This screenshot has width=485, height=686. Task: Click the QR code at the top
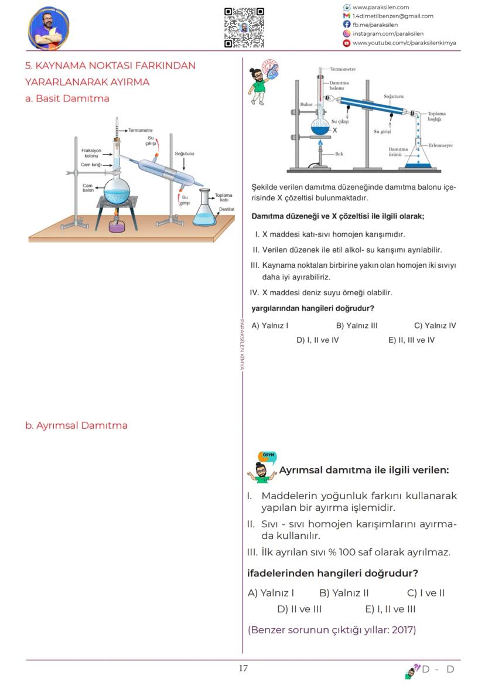click(x=244, y=28)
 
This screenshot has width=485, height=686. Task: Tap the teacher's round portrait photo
click(x=49, y=28)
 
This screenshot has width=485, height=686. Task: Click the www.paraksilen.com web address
click(x=380, y=7)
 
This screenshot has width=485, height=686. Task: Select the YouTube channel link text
click(x=404, y=43)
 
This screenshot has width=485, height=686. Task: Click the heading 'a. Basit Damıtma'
click(x=67, y=98)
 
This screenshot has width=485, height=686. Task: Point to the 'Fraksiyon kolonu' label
click(x=91, y=153)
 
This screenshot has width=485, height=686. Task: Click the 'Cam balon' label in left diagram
click(x=88, y=188)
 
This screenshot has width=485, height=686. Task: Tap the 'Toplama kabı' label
click(x=223, y=197)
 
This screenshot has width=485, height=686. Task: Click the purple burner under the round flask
click(x=117, y=226)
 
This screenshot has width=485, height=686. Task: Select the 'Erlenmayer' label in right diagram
click(x=440, y=145)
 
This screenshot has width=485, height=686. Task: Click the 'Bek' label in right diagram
click(x=339, y=153)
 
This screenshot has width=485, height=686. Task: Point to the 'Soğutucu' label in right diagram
click(x=393, y=95)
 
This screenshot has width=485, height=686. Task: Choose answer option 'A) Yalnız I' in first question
click(x=270, y=326)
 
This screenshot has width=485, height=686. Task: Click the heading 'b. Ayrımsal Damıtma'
click(x=76, y=425)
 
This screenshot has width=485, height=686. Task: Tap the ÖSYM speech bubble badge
click(x=268, y=456)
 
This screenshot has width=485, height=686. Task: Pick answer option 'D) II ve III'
click(x=299, y=609)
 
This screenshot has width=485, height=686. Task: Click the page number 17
click(x=243, y=668)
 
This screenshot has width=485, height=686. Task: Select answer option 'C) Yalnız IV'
click(x=435, y=326)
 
